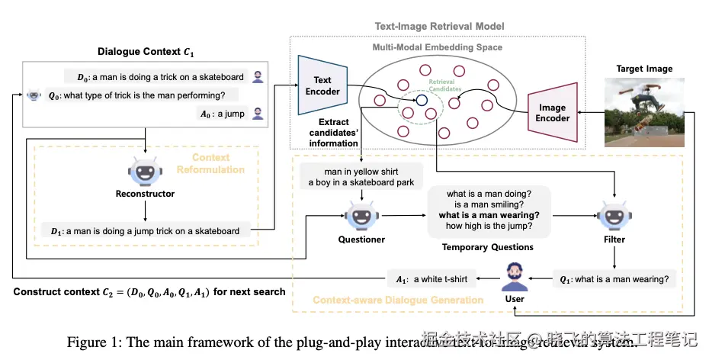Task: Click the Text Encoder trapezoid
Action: coord(322,85)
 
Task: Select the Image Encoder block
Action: coord(553,113)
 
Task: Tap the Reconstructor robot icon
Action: coord(145,171)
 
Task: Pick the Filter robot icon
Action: coord(614,216)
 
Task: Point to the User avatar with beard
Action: coord(514,277)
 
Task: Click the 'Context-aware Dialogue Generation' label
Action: coord(398,300)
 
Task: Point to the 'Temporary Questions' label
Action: coord(488,247)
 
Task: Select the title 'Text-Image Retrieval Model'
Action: coord(439,27)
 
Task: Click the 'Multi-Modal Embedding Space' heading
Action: coord(437,47)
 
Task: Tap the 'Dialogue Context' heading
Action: coord(145,52)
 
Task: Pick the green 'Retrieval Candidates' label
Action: coord(445,85)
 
